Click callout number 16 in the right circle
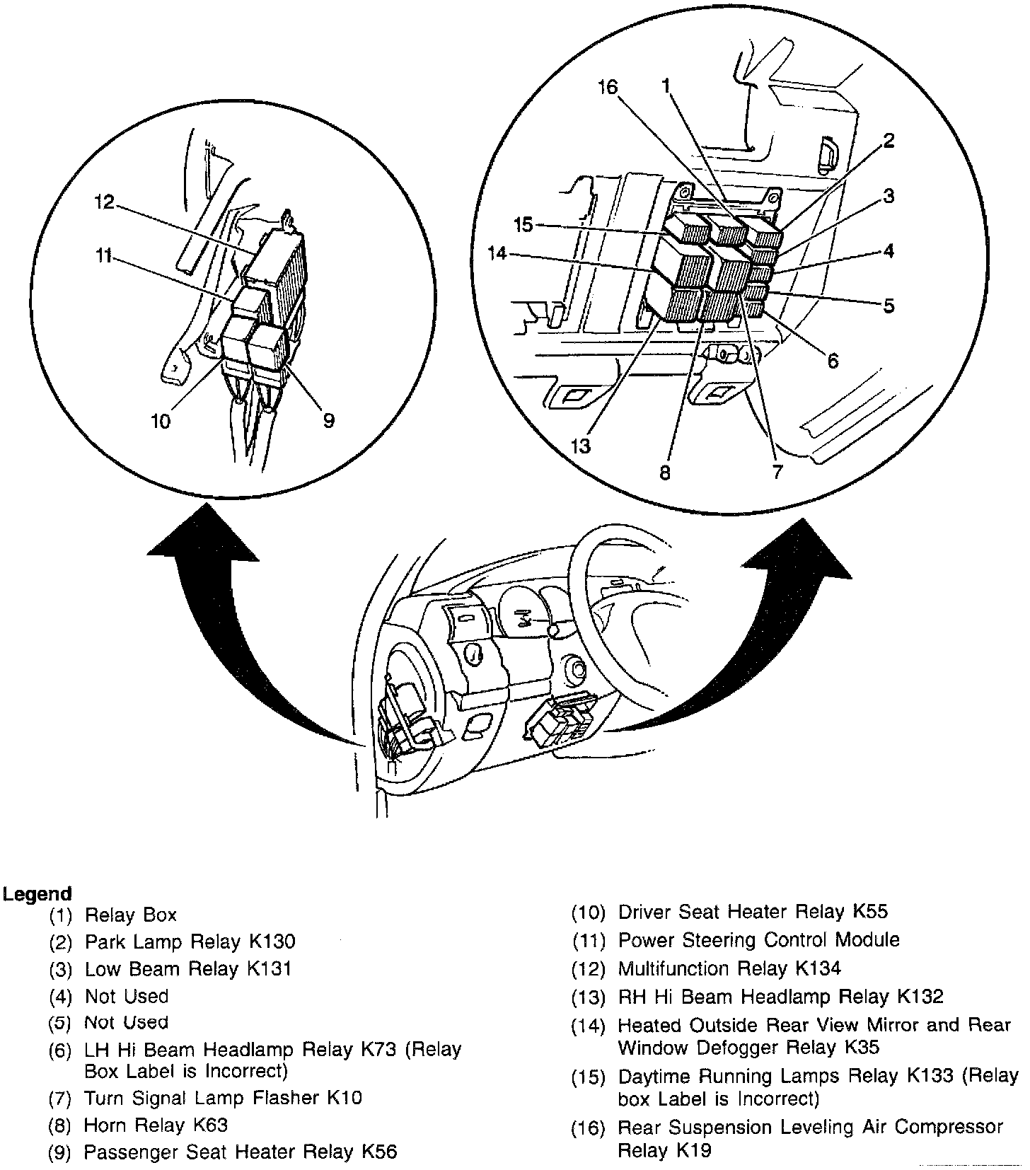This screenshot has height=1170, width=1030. [x=607, y=87]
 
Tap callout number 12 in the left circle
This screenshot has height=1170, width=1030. [x=104, y=202]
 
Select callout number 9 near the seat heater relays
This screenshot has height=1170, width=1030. [x=328, y=420]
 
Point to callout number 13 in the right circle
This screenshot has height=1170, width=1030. [x=581, y=446]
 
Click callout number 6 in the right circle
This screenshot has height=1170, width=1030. [x=833, y=361]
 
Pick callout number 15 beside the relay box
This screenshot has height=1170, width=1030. [x=523, y=224]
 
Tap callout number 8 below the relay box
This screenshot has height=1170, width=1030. [x=664, y=472]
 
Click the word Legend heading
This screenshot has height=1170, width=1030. [x=37, y=893]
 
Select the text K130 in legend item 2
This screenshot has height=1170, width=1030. [x=272, y=942]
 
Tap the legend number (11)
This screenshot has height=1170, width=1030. [x=589, y=941]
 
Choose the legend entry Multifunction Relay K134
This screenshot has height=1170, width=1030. [x=729, y=968]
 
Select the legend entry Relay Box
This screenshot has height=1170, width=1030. [x=130, y=915]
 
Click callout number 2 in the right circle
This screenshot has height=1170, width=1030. [x=889, y=140]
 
